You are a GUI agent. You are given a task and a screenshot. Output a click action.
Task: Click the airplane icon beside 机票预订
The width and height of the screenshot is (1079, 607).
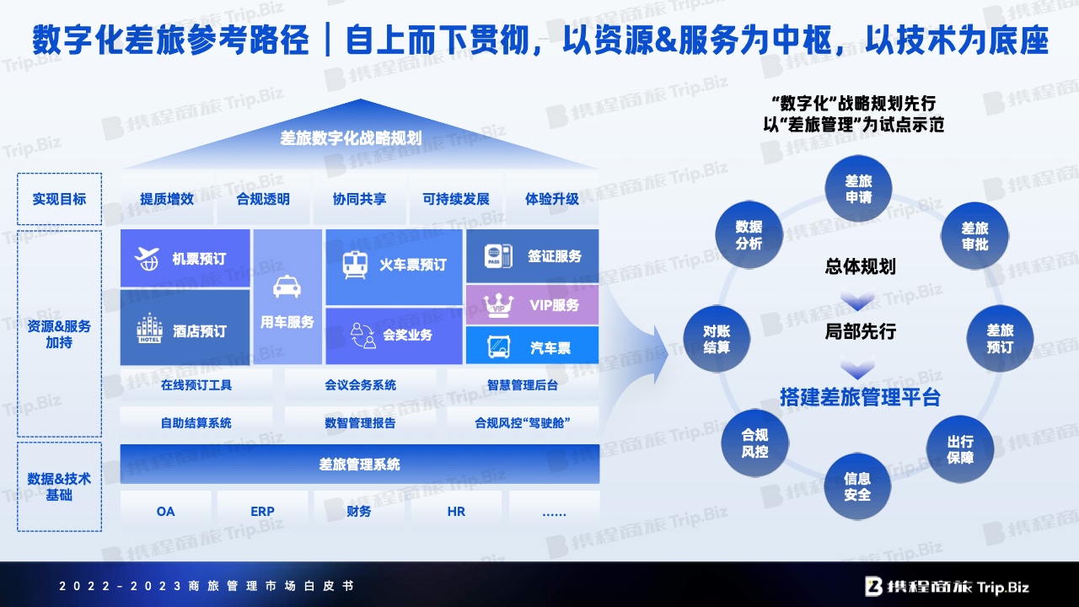147,259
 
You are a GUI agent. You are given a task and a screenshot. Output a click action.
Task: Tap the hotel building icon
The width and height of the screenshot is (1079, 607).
149,328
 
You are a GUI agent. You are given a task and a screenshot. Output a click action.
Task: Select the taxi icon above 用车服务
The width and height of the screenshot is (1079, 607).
287,287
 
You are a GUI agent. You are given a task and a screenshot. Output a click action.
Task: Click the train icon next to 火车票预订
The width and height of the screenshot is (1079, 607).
355,265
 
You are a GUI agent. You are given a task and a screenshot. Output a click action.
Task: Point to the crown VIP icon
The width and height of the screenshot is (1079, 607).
498,305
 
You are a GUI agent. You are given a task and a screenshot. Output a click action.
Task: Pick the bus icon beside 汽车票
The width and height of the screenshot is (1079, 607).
498,346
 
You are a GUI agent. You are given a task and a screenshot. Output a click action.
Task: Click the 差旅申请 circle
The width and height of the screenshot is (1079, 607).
858,188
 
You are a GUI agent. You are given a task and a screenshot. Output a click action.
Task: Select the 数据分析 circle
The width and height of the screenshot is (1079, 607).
749,234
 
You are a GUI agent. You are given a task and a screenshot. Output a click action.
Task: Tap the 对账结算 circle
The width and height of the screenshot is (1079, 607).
717,339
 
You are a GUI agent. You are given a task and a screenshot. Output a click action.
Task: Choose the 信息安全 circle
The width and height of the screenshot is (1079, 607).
857,486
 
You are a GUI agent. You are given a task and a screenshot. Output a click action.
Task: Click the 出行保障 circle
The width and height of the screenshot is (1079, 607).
960,449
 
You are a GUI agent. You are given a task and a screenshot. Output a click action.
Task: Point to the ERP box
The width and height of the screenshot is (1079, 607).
262,511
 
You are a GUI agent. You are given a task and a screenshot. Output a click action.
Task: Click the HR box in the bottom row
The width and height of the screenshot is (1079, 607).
456,511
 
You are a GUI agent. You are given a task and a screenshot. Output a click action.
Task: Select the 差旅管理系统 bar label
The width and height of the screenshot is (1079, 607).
359,465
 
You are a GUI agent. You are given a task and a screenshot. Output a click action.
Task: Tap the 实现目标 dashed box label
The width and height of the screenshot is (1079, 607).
59,199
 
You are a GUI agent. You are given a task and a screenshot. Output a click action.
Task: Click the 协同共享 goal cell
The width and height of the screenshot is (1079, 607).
359,199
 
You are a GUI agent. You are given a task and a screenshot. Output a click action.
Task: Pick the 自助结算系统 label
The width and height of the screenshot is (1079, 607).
196,423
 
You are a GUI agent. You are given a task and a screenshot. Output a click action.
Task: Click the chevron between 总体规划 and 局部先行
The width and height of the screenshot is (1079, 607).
858,300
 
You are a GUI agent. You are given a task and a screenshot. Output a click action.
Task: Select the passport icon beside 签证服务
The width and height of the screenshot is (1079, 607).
498,255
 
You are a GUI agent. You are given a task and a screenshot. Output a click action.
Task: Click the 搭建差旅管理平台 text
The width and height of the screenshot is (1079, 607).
860,397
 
